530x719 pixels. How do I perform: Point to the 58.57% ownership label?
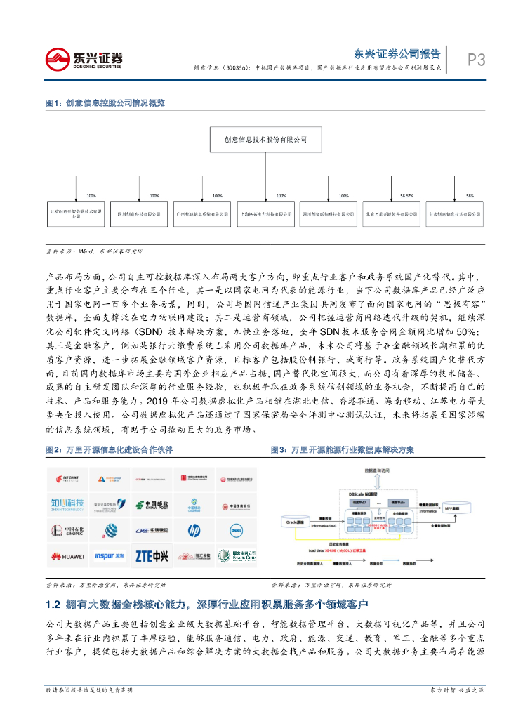tap(406, 196)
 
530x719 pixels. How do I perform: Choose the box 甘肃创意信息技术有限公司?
tap(456, 213)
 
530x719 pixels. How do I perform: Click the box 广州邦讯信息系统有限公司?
tap(202, 213)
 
